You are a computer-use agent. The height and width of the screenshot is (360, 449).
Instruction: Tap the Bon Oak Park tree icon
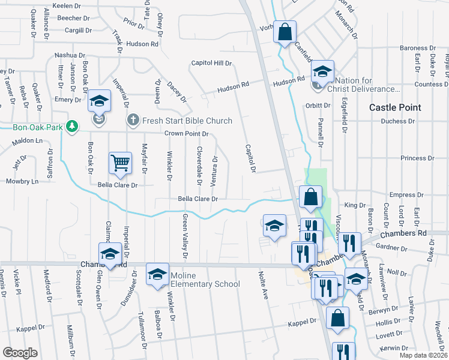point(72,127)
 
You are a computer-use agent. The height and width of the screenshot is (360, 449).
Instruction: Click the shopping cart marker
point(120,163)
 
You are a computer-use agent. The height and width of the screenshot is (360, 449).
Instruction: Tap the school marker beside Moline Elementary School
point(157,274)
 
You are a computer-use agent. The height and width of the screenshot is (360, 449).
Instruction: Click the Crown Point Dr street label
point(187,134)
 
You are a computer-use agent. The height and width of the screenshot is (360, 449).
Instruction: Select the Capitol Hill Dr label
point(211,63)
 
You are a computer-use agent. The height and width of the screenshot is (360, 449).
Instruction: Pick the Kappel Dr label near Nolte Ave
point(302,322)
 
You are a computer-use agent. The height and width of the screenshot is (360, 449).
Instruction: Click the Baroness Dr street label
point(418,48)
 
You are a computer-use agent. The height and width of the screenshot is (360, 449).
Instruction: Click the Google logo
point(20,352)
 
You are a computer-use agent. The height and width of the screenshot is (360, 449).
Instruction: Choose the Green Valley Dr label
point(186,229)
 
